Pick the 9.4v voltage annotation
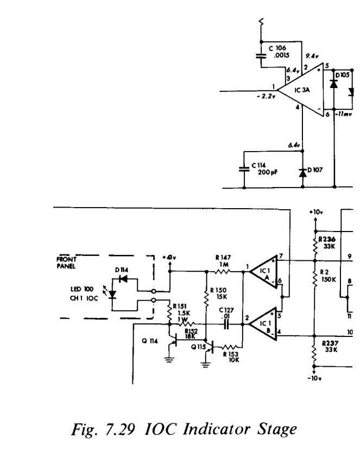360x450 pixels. pyautogui.click(x=311, y=56)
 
